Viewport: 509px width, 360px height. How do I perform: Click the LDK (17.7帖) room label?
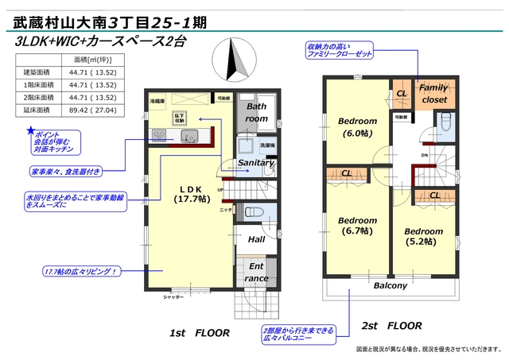coord(192,194)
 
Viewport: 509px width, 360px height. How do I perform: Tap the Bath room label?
coord(256,112)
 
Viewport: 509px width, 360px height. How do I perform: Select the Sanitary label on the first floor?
coord(255,162)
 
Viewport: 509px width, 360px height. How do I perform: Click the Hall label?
coord(256,238)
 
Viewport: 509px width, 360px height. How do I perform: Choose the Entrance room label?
coord(256,273)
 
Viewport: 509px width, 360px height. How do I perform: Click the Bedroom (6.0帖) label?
coord(358,127)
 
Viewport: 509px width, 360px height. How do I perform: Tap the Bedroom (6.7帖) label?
coord(357,225)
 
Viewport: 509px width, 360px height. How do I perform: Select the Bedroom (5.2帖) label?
coord(423,236)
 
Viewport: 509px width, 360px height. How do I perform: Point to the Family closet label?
coord(433,94)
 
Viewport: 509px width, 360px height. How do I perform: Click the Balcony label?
coord(390,285)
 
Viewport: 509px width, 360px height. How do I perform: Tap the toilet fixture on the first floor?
coord(253,212)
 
